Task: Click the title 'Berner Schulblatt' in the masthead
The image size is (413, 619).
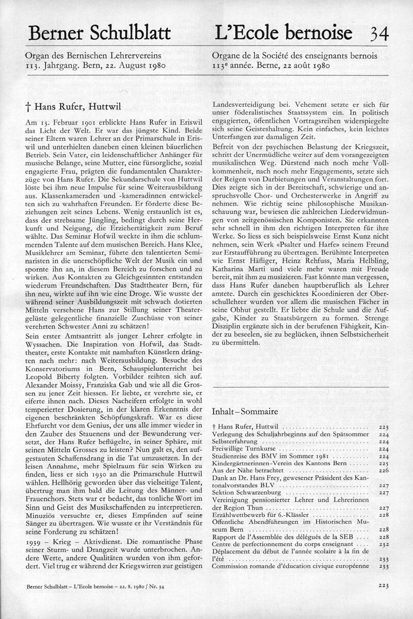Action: coord(100,34)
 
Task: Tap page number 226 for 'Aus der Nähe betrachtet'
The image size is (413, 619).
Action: coord(383,470)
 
